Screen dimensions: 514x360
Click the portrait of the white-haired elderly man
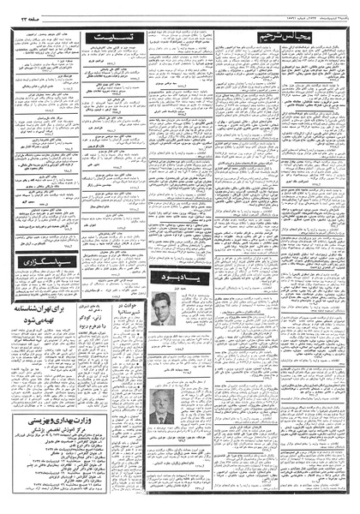pos(160,406)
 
